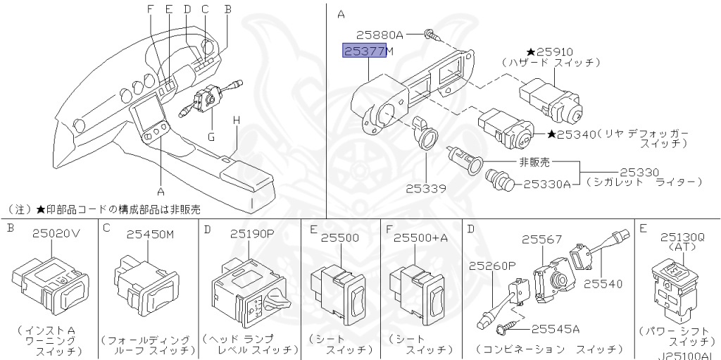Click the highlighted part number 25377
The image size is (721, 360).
point(365,51)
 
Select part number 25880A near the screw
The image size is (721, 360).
point(380,35)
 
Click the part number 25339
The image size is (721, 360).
point(426,188)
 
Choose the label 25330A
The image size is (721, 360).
point(547,184)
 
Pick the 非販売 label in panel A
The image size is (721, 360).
point(534,161)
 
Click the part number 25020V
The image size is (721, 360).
point(56,233)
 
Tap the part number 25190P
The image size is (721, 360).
point(252,233)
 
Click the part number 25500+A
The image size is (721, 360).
point(420,237)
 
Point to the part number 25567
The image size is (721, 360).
point(541,240)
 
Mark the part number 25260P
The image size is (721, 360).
point(491,266)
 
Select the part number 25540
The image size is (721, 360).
point(603,284)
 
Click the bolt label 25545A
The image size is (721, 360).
point(555,329)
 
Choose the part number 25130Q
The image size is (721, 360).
point(682,237)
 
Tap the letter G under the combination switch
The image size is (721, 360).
point(211,137)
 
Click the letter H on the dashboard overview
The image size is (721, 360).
point(237,120)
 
